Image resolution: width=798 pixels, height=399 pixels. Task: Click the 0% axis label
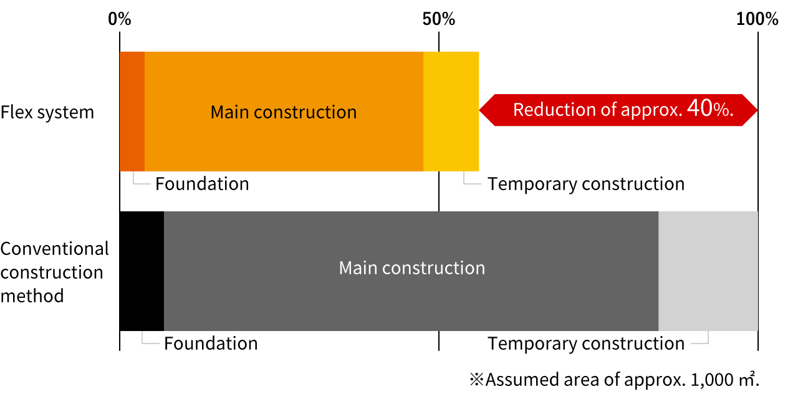coord(119,19)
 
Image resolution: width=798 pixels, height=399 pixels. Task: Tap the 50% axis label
coord(438,19)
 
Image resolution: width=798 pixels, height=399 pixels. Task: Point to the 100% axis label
coord(757,19)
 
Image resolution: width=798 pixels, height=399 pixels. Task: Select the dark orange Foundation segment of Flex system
coord(132,112)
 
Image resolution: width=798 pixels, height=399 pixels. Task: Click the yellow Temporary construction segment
coord(451,112)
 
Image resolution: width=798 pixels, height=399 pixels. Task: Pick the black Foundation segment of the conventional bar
coord(142,271)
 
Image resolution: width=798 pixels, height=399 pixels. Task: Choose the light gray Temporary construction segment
coord(708,271)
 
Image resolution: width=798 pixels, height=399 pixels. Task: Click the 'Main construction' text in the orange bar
coord(284,112)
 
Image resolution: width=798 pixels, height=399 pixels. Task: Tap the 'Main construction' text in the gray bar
coord(412,268)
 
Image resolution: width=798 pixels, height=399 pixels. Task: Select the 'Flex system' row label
coord(47,113)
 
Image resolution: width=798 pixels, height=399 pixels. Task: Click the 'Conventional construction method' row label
coord(54,272)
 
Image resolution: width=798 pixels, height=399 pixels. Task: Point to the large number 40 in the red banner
coord(700,108)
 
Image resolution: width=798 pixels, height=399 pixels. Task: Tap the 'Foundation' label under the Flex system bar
coord(202,184)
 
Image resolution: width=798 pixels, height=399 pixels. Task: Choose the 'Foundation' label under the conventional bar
coord(211,344)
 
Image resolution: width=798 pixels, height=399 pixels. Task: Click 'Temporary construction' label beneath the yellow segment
coord(586,184)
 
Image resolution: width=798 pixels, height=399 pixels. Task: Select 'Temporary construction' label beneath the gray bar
coord(586,344)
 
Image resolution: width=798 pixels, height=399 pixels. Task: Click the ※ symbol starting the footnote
coord(477,380)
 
